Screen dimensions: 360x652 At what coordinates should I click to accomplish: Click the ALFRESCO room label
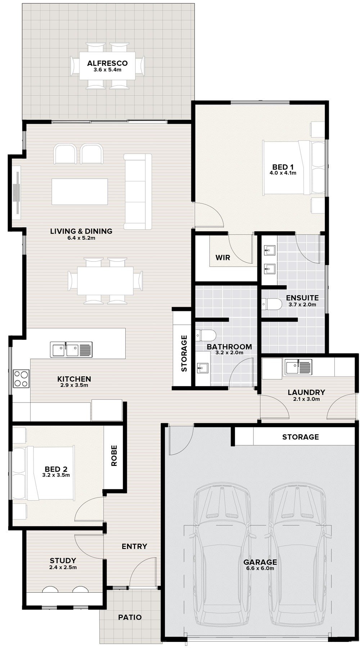click(107, 63)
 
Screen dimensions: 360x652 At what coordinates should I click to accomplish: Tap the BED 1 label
click(283, 167)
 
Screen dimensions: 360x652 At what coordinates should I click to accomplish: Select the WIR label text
click(223, 258)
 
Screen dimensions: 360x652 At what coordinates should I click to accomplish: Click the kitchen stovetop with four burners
click(21, 378)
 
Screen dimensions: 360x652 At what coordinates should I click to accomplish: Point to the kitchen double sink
click(71, 349)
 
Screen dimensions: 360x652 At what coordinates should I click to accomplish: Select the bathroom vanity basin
click(203, 368)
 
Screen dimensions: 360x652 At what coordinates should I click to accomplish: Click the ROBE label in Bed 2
click(114, 456)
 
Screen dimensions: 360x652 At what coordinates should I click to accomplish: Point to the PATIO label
click(130, 617)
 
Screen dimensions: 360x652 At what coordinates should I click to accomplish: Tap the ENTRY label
click(134, 546)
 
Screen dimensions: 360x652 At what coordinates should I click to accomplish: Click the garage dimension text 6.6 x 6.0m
click(260, 568)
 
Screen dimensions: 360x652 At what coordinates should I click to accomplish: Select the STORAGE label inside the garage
click(301, 437)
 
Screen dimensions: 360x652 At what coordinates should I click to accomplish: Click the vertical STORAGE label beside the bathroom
click(184, 354)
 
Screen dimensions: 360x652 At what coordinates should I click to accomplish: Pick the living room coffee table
click(80, 192)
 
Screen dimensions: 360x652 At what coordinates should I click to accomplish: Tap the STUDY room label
click(63, 561)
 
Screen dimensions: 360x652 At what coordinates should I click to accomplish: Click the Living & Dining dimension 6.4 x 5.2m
click(81, 238)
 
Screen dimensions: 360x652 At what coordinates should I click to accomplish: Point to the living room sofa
click(138, 192)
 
